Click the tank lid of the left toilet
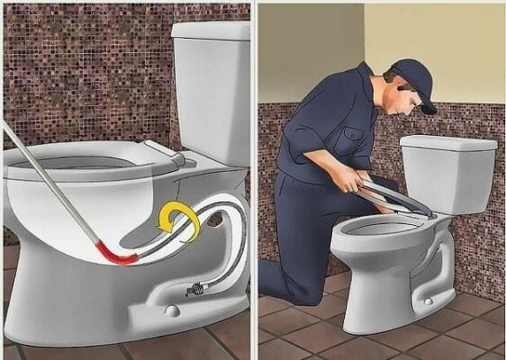click(212, 31)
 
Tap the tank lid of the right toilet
click(447, 144)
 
